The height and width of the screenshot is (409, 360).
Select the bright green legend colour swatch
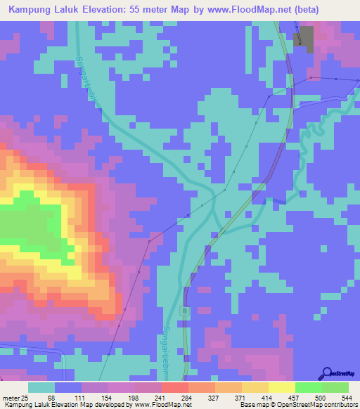(309, 387)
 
